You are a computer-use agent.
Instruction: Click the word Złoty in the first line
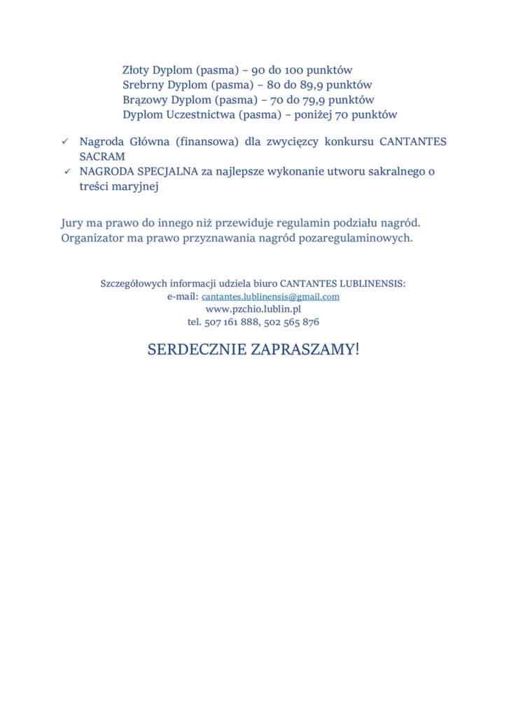click(x=136, y=70)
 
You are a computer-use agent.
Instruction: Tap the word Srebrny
click(x=142, y=85)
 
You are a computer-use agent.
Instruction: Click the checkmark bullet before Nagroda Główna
click(x=64, y=142)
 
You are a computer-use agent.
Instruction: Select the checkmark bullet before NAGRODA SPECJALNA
click(x=67, y=171)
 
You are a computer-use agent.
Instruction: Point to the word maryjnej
click(x=130, y=187)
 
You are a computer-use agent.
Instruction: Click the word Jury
click(x=73, y=224)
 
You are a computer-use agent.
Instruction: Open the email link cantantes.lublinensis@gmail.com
click(x=270, y=297)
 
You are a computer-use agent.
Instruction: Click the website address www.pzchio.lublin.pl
click(x=253, y=309)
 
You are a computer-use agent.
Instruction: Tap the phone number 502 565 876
click(x=292, y=322)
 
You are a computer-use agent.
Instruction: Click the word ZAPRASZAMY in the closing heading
click(x=303, y=349)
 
